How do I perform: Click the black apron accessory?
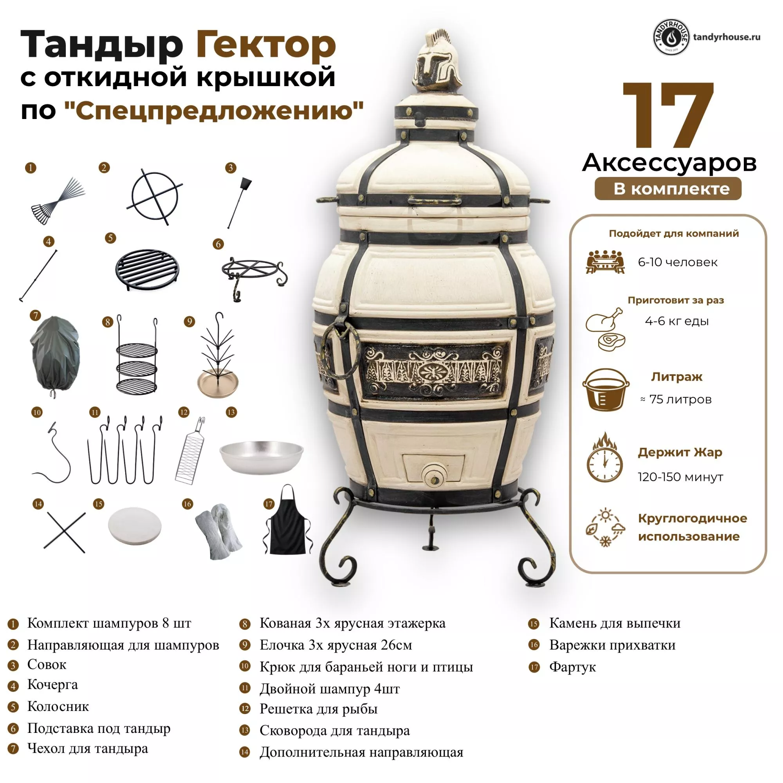[288, 523]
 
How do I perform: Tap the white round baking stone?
[135, 526]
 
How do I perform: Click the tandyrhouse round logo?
[671, 37]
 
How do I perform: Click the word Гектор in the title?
[266, 45]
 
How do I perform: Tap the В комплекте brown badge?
[668, 189]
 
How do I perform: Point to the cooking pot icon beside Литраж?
[606, 390]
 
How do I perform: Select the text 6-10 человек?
[678, 262]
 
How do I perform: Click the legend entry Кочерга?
[52, 684]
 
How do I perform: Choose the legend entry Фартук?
[572, 667]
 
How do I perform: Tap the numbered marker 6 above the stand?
[218, 244]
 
